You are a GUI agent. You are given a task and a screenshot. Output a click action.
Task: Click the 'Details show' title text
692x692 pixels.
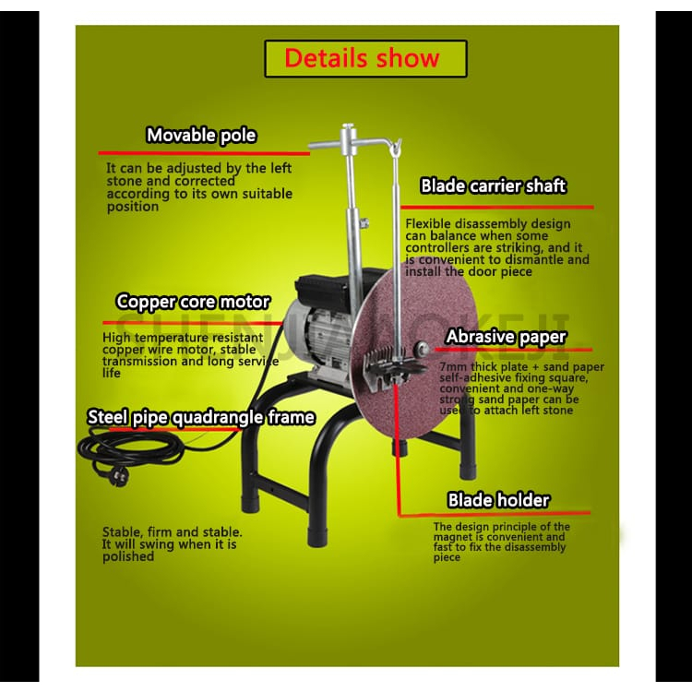(362, 58)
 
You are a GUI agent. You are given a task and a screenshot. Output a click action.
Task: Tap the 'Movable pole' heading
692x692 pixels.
(201, 135)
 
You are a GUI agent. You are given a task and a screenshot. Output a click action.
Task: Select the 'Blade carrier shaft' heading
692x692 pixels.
(493, 185)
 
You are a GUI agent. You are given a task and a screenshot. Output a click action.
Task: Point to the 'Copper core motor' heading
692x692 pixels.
(193, 302)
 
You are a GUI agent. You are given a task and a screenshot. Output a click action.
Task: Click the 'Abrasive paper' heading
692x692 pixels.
(506, 337)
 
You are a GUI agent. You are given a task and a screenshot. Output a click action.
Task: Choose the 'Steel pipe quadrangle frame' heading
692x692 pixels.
(201, 417)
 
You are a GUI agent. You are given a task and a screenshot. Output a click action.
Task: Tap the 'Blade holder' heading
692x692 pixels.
(498, 500)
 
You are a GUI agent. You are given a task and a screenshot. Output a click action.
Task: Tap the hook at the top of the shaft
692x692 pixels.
(396, 147)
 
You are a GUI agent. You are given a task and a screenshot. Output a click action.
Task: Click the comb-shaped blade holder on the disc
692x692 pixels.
(388, 365)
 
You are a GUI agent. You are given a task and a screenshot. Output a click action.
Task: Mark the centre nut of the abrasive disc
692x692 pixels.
(423, 348)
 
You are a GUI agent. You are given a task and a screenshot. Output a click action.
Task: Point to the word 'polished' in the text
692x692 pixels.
(128, 556)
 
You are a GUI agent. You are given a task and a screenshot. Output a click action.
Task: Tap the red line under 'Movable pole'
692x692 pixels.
(204, 153)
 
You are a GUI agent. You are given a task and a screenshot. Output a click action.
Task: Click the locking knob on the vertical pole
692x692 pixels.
(364, 223)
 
